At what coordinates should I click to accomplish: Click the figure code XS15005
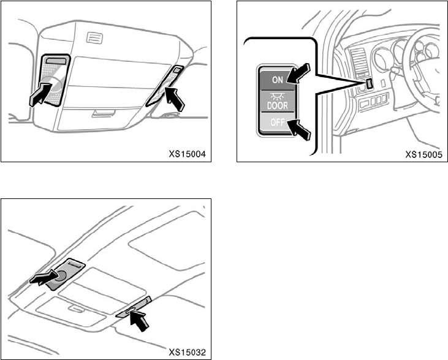[425, 154]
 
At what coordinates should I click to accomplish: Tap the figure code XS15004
[188, 154]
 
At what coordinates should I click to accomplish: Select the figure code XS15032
[188, 352]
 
